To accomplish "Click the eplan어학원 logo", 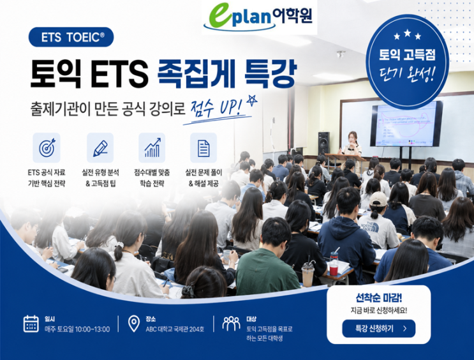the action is tap(259, 17).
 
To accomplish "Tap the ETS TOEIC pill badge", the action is tap(71, 37).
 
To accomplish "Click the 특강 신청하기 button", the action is tap(378, 329).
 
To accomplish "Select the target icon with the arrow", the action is tap(47, 147).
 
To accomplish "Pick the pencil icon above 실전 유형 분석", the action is tap(100, 148).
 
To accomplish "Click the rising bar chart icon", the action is tap(152, 147).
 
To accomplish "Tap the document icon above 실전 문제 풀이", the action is tap(204, 148).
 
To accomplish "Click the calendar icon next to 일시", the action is tap(31, 324).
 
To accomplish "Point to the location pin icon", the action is tap(134, 324).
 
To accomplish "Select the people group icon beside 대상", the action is tap(231, 324).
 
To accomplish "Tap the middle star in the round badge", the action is tap(407, 33).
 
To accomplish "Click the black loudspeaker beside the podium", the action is tap(323, 143).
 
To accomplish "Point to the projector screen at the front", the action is tap(406, 124).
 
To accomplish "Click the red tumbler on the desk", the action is tap(334, 264).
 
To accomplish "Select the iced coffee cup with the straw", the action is tap(307, 274).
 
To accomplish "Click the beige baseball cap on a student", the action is tap(378, 199).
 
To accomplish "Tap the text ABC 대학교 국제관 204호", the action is tap(175, 329).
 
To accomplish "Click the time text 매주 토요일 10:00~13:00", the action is tap(77, 329).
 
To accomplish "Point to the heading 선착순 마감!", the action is tap(379, 298).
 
